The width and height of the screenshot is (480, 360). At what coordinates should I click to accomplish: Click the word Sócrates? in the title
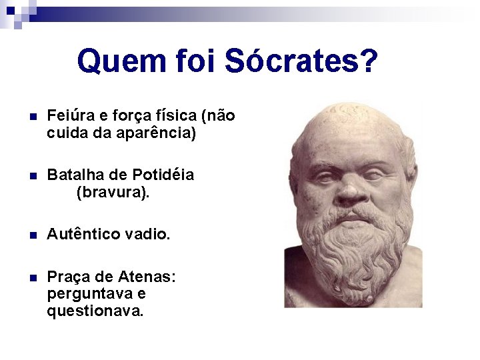pyautogui.click(x=301, y=61)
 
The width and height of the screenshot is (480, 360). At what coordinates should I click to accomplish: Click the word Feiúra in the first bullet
pyautogui.click(x=68, y=116)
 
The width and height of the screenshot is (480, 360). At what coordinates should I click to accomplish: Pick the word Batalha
pyautogui.click(x=71, y=175)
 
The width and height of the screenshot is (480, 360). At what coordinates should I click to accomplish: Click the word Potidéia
pyautogui.click(x=163, y=175)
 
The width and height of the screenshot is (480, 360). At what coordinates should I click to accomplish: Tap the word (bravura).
pyautogui.click(x=113, y=193)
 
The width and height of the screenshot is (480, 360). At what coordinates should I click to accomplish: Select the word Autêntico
pyautogui.click(x=83, y=234)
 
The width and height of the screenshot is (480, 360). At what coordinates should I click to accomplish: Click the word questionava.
pyautogui.click(x=95, y=311)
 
